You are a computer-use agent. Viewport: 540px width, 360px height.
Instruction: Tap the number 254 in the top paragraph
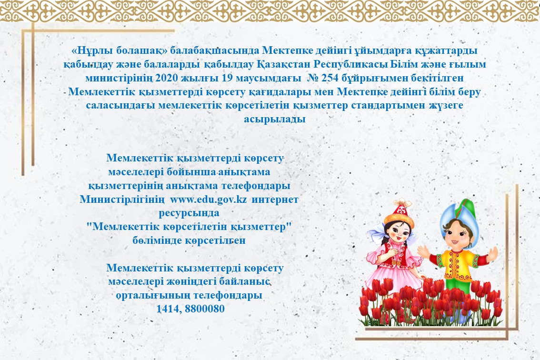tap(330, 78)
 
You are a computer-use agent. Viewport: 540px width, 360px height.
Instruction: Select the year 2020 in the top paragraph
tap(167, 78)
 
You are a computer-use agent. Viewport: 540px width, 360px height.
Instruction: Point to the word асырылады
tap(275, 119)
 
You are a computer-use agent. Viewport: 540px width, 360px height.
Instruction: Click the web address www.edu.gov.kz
tap(209, 199)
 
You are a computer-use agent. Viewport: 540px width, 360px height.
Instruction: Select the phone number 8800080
tap(205, 308)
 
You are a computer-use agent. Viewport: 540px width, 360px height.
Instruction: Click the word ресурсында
tap(189, 213)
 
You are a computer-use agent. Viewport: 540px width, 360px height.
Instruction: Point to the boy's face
tap(455, 238)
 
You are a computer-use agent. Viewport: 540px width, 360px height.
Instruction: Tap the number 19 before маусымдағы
tap(227, 78)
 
